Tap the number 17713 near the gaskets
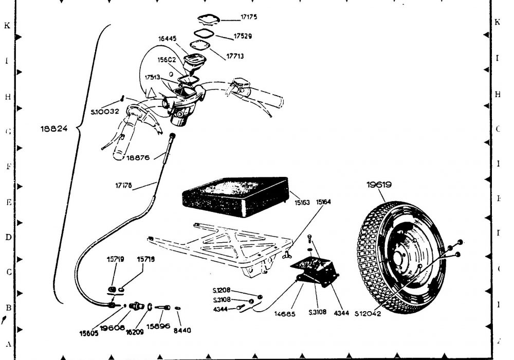236,56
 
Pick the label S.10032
104,111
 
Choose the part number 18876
138,158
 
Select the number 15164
323,202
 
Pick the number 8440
182,330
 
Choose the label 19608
112,328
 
